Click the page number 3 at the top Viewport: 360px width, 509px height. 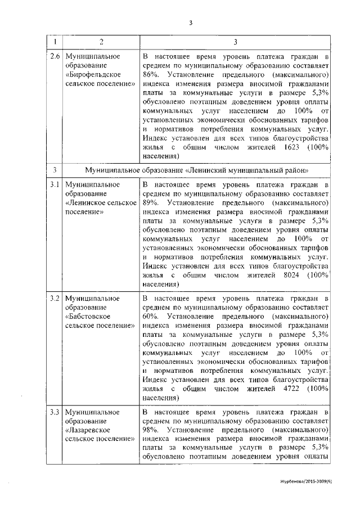[x=191, y=22]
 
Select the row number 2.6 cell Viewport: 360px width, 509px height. [x=55, y=58]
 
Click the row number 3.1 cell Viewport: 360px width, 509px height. [x=55, y=185]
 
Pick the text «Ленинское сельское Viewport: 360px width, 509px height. [x=101, y=201]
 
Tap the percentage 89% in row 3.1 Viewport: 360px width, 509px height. [x=150, y=201]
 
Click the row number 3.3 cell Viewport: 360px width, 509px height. [x=55, y=412]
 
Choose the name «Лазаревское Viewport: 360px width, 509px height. [x=88, y=430]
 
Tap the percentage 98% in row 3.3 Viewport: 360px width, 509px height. [x=150, y=430]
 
